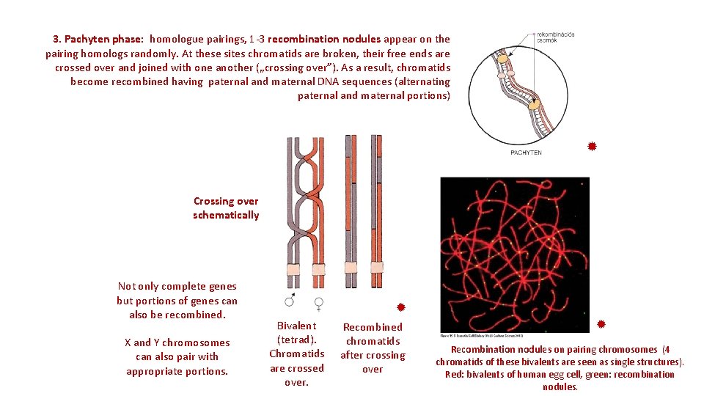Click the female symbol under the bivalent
click(319, 301)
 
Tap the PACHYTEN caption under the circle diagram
click(526, 153)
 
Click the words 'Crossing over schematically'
click(226, 208)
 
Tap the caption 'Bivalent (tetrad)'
click(297, 332)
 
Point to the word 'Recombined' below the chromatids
click(373, 327)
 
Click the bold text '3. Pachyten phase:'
click(98, 39)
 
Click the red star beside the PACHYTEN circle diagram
click(592, 147)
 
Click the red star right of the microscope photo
click(601, 323)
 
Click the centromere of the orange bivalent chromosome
click(319, 269)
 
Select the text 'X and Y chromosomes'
click(177, 342)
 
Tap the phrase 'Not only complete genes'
click(177, 287)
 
